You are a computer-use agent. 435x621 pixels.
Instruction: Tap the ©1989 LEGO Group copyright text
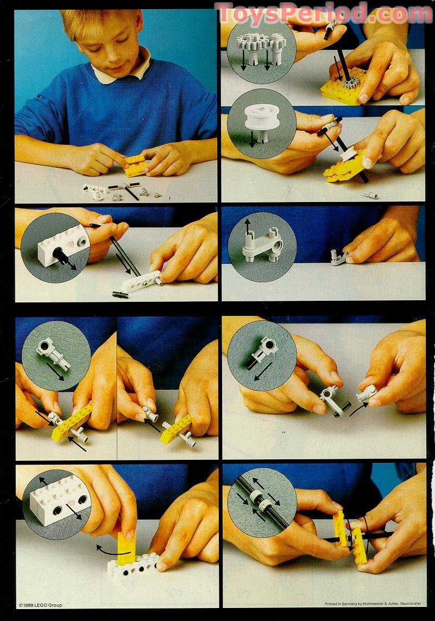[x=41, y=605]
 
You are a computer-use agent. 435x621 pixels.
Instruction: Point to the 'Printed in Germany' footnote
[x=373, y=604]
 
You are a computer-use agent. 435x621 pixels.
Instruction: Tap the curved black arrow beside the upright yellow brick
[x=113, y=551]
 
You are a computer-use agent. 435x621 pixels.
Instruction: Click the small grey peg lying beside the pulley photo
[x=370, y=195]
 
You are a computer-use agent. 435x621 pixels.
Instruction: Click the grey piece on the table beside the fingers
[x=339, y=257]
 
